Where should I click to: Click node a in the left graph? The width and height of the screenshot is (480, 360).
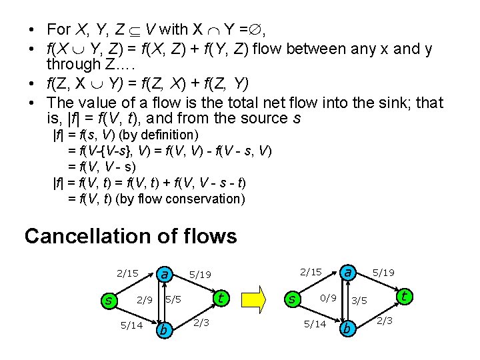[164, 274]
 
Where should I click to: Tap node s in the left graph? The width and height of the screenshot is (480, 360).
[108, 301]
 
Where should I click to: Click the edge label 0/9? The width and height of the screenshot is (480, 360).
[328, 297]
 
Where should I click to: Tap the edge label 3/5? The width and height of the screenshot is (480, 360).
[360, 301]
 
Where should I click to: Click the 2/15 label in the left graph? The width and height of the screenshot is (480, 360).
[127, 273]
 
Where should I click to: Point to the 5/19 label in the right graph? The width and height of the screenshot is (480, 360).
[383, 273]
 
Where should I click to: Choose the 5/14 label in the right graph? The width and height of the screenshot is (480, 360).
[315, 324]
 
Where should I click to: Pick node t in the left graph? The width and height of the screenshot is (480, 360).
[221, 298]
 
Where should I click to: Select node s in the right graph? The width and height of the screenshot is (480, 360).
[291, 299]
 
